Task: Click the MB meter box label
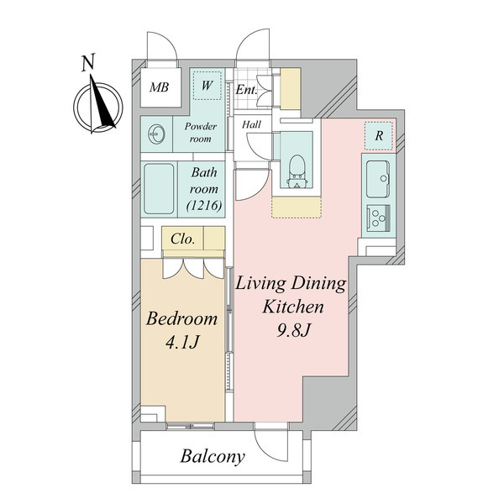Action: tap(159, 87)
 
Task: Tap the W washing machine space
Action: tap(207, 86)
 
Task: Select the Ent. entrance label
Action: tap(246, 90)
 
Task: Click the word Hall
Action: tap(251, 124)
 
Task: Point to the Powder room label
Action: tap(200, 133)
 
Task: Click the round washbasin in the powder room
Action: tap(157, 134)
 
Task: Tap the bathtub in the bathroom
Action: tap(159, 189)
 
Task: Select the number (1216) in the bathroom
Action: tap(204, 206)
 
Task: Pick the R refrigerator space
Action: tap(379, 136)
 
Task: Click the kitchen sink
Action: tap(378, 179)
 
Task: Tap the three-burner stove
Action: tap(379, 218)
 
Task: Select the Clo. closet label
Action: tap(182, 239)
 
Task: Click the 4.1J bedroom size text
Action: tap(182, 343)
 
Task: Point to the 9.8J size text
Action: tap(293, 330)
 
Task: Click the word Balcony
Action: tap(213, 456)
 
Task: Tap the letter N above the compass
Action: tap(88, 63)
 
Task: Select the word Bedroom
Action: tap(182, 319)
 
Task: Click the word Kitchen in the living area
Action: tap(293, 307)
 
